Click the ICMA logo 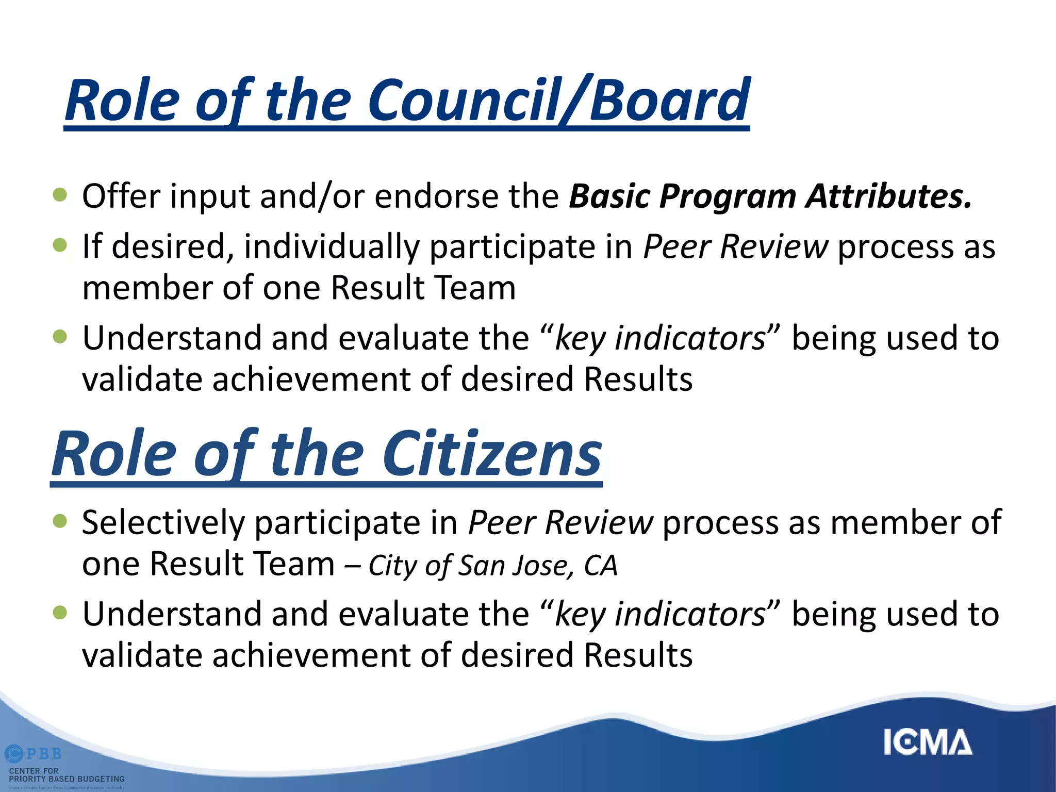click(927, 742)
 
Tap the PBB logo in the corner click(34, 754)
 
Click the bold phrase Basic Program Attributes click(770, 196)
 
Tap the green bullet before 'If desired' click(60, 245)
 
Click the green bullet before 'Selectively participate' click(60, 521)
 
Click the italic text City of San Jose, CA click(492, 565)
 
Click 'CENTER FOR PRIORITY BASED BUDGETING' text click(67, 774)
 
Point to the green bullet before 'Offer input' click(60, 194)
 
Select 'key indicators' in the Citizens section click(660, 615)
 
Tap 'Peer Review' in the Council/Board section click(735, 246)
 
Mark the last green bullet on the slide click(60, 612)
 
